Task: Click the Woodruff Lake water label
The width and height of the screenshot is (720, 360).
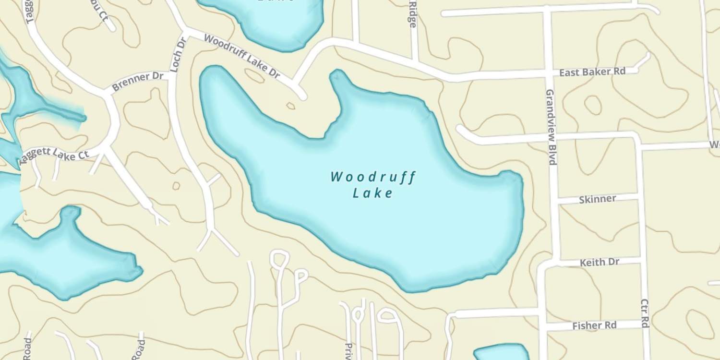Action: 373,184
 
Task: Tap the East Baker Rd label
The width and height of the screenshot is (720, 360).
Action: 592,72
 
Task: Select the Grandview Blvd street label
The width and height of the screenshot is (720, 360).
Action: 551,127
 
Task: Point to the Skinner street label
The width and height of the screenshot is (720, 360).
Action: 597,199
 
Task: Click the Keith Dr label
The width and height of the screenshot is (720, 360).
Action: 600,263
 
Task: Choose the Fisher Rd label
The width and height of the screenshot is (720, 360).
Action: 594,326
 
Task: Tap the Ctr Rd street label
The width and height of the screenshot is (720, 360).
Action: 645,313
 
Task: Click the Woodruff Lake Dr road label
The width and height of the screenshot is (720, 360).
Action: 242,56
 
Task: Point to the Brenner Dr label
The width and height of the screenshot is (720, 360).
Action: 137,82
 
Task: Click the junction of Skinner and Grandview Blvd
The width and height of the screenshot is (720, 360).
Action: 557,200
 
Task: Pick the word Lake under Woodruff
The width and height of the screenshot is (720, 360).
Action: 373,193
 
